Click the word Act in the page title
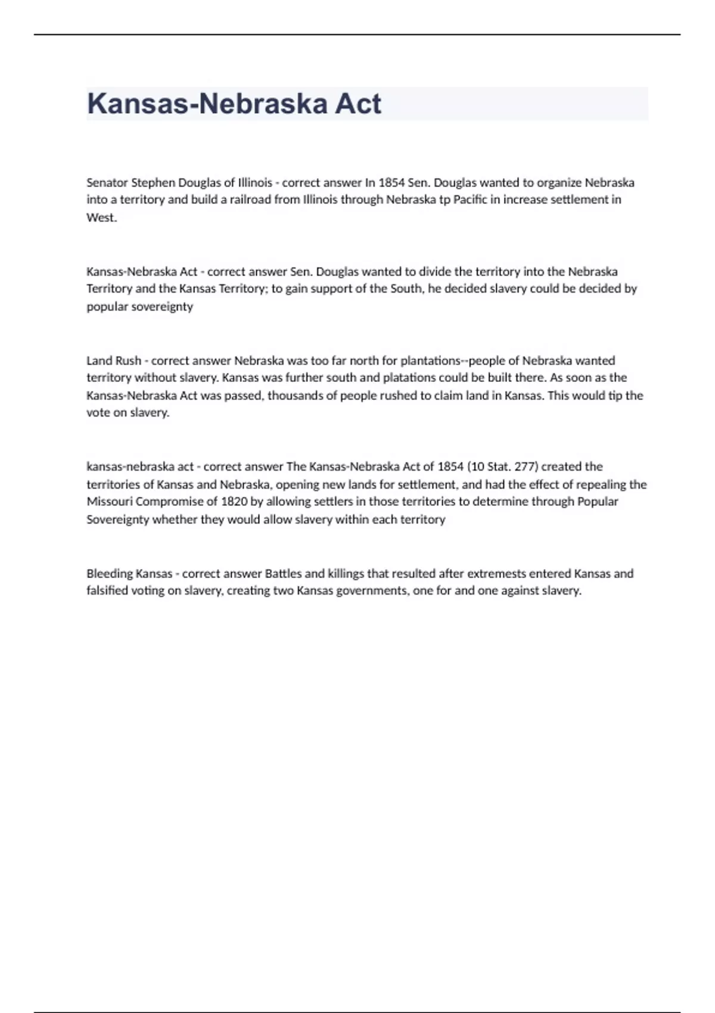pyautogui.click(x=357, y=104)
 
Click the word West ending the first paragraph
pyautogui.click(x=101, y=217)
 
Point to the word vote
pyautogui.click(x=98, y=413)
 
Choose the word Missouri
pyautogui.click(x=110, y=502)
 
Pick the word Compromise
pyautogui.click(x=168, y=502)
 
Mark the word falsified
pyautogui.click(x=107, y=591)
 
